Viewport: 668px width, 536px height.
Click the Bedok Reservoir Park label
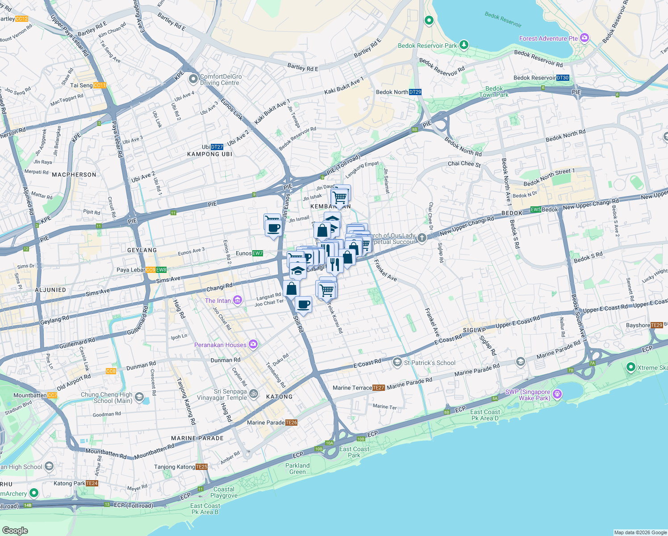(427, 46)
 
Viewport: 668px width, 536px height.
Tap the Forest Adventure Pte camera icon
(584, 38)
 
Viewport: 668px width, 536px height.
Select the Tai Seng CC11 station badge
(100, 85)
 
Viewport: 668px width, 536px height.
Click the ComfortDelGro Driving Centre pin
(193, 80)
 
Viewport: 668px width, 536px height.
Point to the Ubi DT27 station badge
(217, 147)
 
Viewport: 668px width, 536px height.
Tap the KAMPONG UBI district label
(209, 154)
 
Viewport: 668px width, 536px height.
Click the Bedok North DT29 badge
(415, 92)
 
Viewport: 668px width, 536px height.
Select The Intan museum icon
(238, 300)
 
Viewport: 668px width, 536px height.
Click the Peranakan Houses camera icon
(253, 344)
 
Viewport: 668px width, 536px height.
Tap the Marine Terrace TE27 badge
(378, 388)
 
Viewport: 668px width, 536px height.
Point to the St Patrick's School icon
(397, 362)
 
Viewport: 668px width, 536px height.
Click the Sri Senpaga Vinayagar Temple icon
(254, 394)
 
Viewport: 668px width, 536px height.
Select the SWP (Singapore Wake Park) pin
(557, 394)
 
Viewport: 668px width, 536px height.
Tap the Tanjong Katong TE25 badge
(202, 467)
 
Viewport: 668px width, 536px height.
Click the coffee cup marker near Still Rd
(304, 305)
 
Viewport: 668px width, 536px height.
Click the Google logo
(15, 530)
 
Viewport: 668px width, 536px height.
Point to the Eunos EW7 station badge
(258, 253)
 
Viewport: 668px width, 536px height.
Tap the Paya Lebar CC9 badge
(150, 270)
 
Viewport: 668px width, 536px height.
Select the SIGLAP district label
(474, 330)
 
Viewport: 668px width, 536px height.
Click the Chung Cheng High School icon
(139, 397)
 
